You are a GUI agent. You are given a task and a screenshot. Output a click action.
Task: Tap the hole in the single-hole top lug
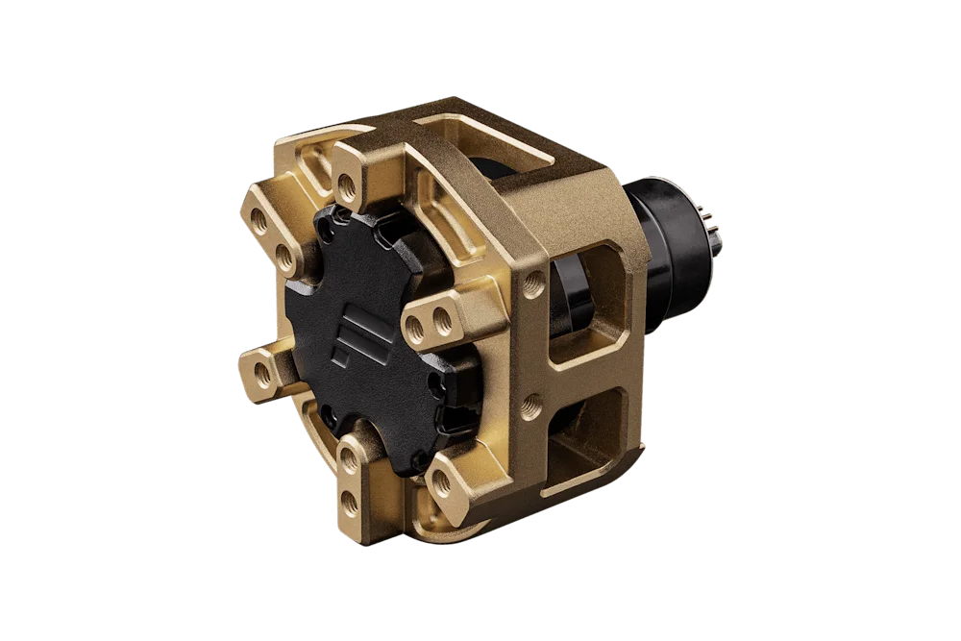pyautogui.click(x=348, y=182)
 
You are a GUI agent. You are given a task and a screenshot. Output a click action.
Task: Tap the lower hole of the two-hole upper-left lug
pyautogui.click(x=284, y=256)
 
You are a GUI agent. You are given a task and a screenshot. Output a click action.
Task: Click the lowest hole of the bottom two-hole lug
pyautogui.click(x=349, y=501)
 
